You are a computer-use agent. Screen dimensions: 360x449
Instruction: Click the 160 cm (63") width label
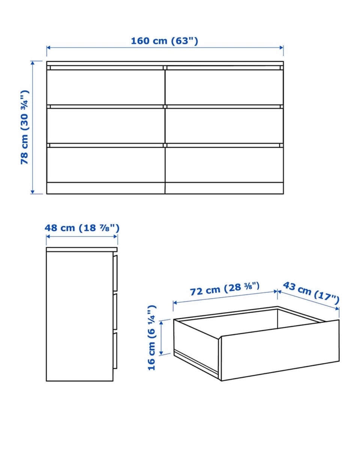click(165, 40)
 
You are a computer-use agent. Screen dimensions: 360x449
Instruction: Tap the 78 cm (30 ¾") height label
click(25, 127)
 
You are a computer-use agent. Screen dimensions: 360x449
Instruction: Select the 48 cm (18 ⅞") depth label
click(82, 228)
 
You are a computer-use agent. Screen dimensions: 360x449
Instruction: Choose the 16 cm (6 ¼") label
click(151, 338)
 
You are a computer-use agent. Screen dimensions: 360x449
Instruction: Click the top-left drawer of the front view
click(106, 87)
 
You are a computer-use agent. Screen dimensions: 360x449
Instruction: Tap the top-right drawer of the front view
click(224, 87)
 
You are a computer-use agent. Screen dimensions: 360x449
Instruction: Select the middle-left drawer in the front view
click(106, 126)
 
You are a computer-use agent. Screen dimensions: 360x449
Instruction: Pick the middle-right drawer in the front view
click(224, 126)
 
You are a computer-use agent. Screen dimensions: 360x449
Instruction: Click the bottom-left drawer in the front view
click(106, 165)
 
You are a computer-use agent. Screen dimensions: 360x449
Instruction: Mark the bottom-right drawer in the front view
click(224, 165)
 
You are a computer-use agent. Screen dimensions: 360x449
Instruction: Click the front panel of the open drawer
click(280, 350)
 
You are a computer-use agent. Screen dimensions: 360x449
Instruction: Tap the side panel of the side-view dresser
click(79, 316)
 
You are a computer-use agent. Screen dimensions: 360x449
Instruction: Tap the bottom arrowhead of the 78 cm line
click(33, 192)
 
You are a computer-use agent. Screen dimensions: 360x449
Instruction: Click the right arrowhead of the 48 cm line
click(115, 236)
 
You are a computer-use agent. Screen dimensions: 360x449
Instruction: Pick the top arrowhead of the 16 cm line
click(161, 322)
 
